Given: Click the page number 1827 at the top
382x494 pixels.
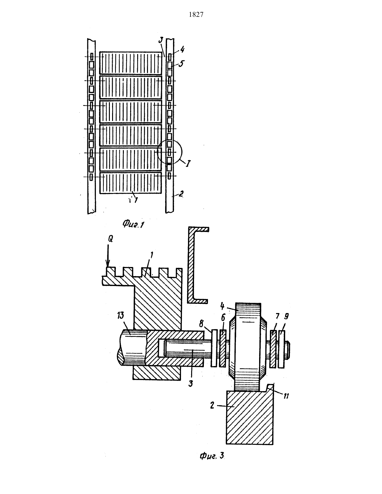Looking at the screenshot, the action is [196, 15].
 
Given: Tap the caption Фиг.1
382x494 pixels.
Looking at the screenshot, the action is [133, 224].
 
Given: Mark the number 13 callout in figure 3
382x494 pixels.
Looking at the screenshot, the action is [121, 315].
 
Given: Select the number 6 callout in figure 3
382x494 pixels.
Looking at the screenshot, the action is [223, 317].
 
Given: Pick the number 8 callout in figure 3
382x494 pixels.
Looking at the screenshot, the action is [201, 324].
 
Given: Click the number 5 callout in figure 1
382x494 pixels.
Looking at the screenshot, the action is [181, 63].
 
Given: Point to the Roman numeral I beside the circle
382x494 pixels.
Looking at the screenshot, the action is [188, 164].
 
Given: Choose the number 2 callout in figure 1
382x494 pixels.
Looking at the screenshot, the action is [181, 194].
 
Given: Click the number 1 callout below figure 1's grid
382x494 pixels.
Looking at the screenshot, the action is [136, 200].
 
